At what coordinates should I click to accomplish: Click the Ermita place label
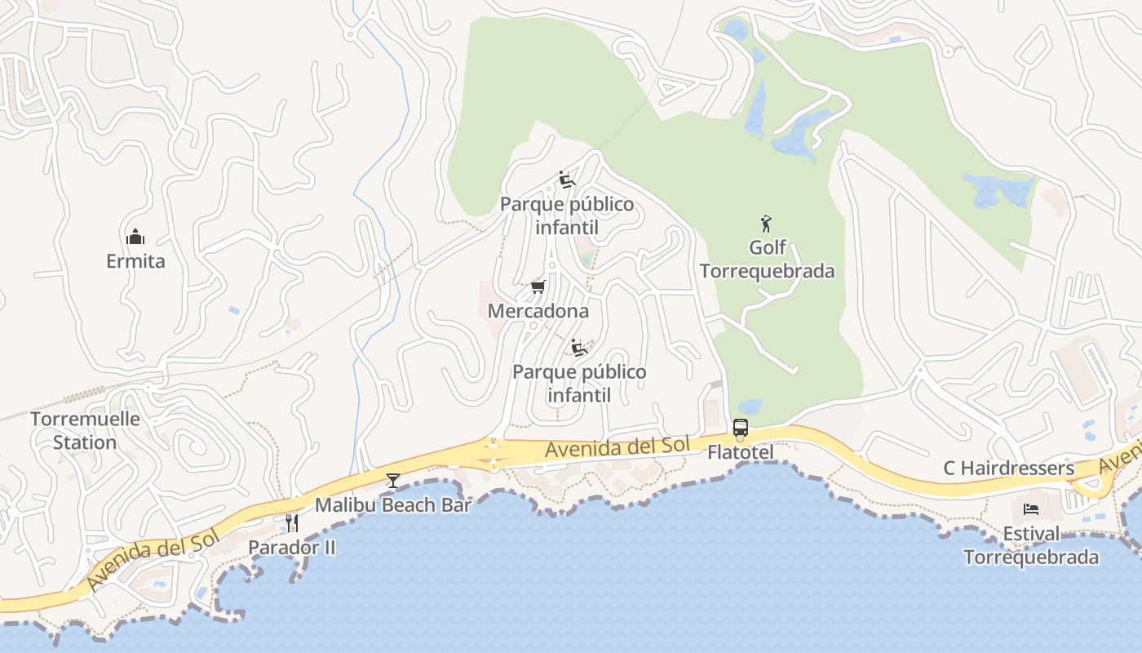(135, 261)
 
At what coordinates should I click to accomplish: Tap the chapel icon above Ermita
(135, 238)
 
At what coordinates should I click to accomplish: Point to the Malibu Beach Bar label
(393, 505)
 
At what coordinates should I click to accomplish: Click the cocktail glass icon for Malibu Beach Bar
(393, 480)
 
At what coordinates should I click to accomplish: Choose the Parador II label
(291, 547)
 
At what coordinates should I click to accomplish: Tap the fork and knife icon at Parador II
(291, 522)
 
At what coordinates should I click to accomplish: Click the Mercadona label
(538, 311)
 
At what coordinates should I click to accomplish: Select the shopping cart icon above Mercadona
(538, 287)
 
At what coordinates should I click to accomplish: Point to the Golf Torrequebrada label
(768, 259)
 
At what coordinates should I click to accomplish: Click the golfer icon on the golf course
(766, 223)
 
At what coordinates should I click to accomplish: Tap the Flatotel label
(740, 451)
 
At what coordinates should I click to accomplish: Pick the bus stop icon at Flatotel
(740, 428)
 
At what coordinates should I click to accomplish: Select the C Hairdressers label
(1008, 469)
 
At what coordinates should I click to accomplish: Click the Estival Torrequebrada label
(1031, 545)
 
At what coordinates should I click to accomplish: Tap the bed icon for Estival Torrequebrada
(1031, 509)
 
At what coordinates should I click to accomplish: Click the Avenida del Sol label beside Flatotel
(617, 447)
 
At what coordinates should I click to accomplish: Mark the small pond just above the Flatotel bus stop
(749, 406)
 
